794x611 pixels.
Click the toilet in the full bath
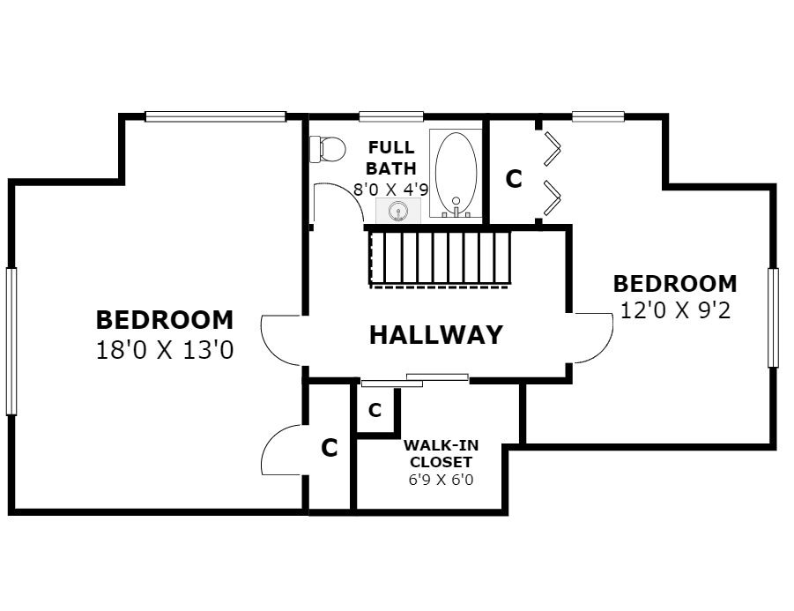327,149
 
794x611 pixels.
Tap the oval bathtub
456,174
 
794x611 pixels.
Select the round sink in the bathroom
398,211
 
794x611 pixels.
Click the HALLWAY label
436,335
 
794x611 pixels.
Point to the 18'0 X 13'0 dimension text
165,350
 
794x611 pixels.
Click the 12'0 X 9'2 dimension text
676,310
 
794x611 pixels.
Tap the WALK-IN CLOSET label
441,453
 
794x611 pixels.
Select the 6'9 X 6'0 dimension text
441,480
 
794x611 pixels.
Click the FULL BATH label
391,158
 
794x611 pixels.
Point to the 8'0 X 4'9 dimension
391,190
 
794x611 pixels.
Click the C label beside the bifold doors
514,179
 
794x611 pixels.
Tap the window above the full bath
391,116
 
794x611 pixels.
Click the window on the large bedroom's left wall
11,341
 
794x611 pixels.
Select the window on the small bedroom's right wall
773,317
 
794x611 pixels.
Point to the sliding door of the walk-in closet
415,380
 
